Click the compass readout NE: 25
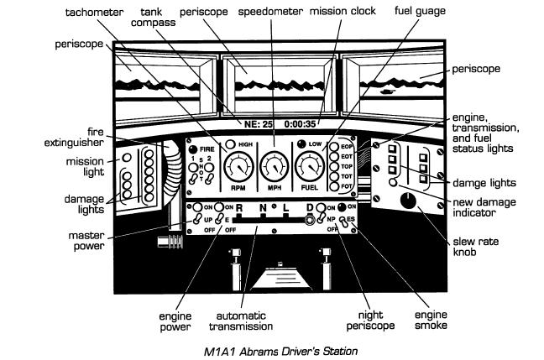click(x=255, y=123)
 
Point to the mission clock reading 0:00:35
click(x=301, y=123)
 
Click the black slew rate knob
click(x=409, y=201)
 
